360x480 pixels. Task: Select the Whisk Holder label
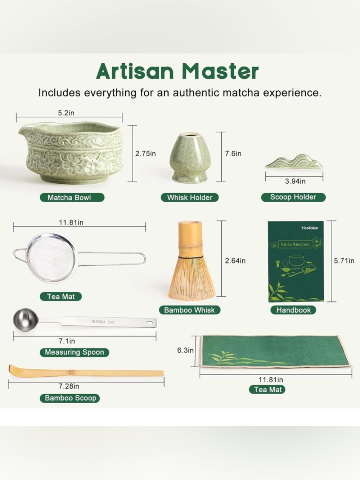[x=190, y=198]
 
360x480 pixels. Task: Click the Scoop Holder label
[x=293, y=197]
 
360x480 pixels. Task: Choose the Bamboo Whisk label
[x=189, y=310]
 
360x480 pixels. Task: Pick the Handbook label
[x=293, y=310]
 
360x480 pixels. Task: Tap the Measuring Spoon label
[x=74, y=353]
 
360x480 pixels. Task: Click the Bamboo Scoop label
[x=70, y=398]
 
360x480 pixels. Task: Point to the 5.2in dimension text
[x=66, y=113]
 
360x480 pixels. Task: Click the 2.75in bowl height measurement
[x=145, y=154]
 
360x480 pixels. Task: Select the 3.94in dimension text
[x=295, y=181]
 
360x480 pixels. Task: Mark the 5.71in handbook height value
[x=344, y=261]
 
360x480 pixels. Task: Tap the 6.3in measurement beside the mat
[x=185, y=350]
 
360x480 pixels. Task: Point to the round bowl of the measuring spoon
[x=25, y=320]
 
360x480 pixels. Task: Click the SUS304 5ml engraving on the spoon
[x=103, y=322]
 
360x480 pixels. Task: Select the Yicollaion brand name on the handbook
[x=310, y=228]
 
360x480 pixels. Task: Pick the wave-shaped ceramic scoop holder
[x=294, y=162]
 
